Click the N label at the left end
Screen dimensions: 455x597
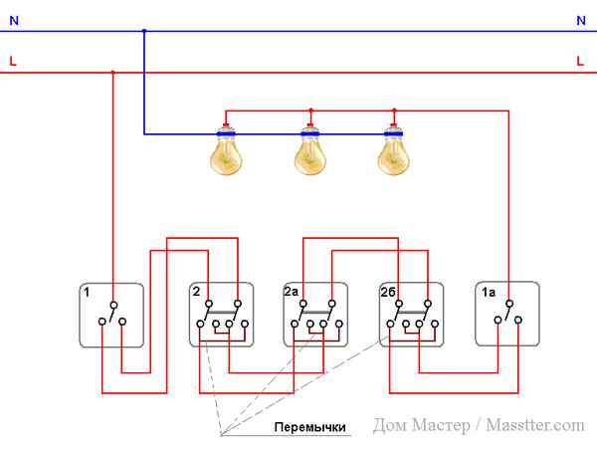coord(12,20)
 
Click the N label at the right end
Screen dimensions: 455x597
coord(580,20)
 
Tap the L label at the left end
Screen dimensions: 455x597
coord(12,62)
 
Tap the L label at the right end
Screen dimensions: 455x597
coord(580,62)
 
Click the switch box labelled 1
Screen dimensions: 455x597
coord(111,315)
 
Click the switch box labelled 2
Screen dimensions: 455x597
coord(221,315)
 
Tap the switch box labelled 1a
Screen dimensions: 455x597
coord(506,315)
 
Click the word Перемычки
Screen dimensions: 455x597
coord(310,428)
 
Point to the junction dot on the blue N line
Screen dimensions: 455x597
coord(143,31)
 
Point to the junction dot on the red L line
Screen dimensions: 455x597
coord(111,72)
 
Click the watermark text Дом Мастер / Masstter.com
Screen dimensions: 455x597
coord(479,425)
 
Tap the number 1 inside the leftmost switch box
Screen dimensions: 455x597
coord(88,293)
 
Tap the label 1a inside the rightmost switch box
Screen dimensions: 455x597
coord(489,293)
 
